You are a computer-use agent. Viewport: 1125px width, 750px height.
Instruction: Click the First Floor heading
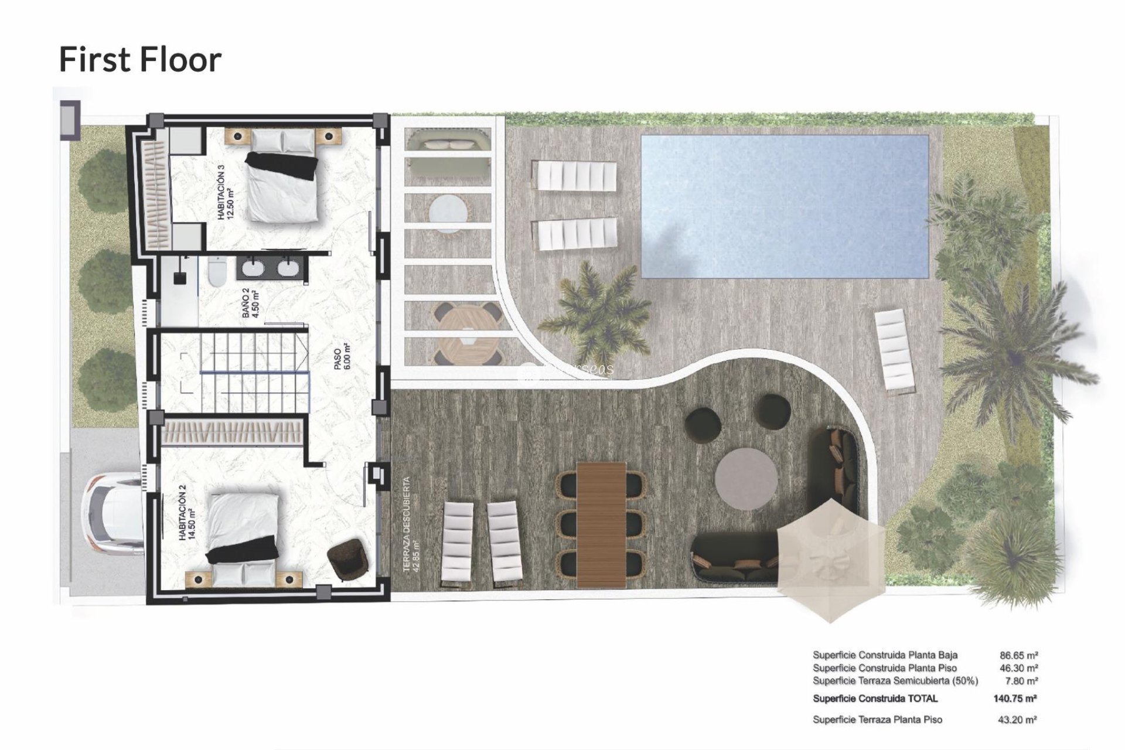click(x=140, y=60)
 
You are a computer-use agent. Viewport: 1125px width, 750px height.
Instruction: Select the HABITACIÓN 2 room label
click(x=187, y=516)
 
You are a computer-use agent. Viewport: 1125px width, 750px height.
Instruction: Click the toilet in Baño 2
click(x=216, y=272)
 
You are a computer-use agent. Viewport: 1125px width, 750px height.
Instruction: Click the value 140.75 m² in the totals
click(x=1015, y=698)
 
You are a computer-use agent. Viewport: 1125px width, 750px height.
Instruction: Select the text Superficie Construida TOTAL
click(x=875, y=698)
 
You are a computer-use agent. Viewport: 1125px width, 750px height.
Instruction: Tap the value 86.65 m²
click(x=1018, y=656)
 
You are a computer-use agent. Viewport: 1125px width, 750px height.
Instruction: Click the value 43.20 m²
click(x=1018, y=720)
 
